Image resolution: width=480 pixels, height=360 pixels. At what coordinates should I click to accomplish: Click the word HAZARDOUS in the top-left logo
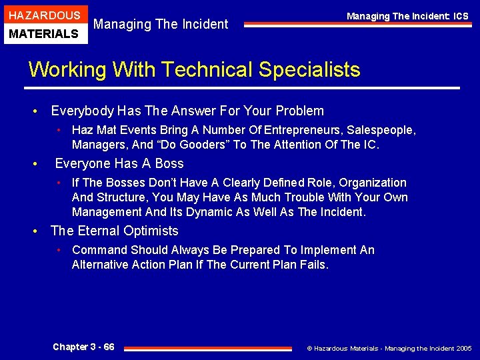44,15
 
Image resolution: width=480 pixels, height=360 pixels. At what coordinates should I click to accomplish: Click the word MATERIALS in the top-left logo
44,33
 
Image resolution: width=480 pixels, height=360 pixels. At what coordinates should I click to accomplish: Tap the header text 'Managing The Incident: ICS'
407,16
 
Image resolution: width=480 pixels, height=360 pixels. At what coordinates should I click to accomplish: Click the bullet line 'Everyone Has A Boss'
119,163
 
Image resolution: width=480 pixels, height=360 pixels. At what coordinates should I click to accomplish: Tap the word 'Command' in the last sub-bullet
99,250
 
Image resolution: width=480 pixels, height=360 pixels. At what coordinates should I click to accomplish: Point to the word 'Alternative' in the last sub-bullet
100,265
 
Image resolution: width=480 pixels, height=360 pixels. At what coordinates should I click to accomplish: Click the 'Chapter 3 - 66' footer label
83,347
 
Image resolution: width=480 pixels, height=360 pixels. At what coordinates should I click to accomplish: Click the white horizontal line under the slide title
243,88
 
